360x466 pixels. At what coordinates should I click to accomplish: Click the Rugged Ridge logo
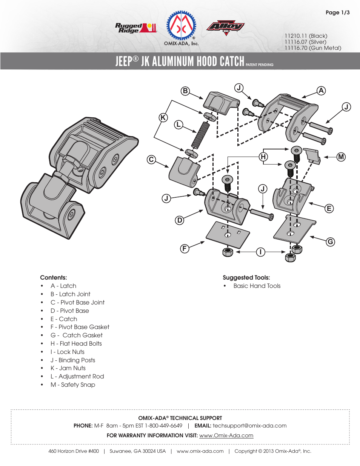coord(135,28)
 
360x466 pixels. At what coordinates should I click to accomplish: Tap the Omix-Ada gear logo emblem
coord(182,26)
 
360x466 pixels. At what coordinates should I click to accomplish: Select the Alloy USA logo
coord(226,27)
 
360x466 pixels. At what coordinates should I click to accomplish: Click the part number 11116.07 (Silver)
coord(305,42)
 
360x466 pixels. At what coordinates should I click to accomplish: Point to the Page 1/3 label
coord(337,12)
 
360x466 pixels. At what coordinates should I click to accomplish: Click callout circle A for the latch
coord(321,91)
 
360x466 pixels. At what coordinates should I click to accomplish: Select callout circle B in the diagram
coord(185,91)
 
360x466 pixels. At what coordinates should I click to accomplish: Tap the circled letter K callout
coord(163,117)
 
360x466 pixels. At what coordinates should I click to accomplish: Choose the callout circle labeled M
coord(341,157)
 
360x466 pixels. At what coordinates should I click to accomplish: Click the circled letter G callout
coord(331,242)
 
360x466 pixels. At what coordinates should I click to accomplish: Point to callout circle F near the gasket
coord(185,248)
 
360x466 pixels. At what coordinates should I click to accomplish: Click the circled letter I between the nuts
coord(260,252)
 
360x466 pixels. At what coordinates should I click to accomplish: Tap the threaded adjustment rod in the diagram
coord(200,135)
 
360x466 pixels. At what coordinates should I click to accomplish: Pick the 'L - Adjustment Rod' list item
coord(77,376)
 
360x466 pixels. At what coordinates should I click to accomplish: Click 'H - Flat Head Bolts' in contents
coord(76,343)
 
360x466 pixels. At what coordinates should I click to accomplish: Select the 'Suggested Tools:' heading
coord(246,277)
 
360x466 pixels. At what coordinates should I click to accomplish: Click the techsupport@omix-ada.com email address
coord(249,426)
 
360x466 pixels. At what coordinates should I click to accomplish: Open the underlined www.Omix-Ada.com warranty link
coord(226,435)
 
